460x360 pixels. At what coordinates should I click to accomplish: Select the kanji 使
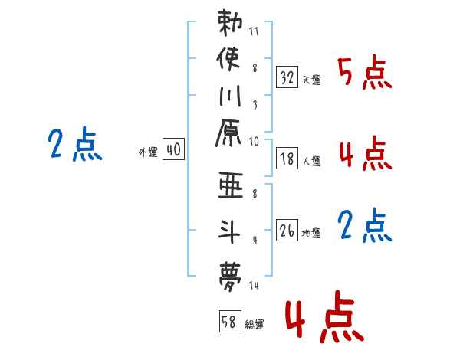pos(231,59)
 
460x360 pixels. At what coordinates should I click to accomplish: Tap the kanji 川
pos(231,98)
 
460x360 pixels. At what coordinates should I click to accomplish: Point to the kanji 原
pos(231,136)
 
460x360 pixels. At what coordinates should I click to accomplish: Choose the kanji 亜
pos(231,188)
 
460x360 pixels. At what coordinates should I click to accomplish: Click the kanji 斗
pos(231,230)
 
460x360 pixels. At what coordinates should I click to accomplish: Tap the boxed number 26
pos(287,229)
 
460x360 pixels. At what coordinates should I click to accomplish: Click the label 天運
pos(311,80)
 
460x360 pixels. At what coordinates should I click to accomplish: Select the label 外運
pos(146,152)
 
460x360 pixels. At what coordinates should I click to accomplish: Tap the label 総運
pos(254,323)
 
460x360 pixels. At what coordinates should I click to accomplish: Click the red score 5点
pos(364,74)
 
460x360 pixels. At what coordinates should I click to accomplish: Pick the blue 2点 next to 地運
pos(364,226)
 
